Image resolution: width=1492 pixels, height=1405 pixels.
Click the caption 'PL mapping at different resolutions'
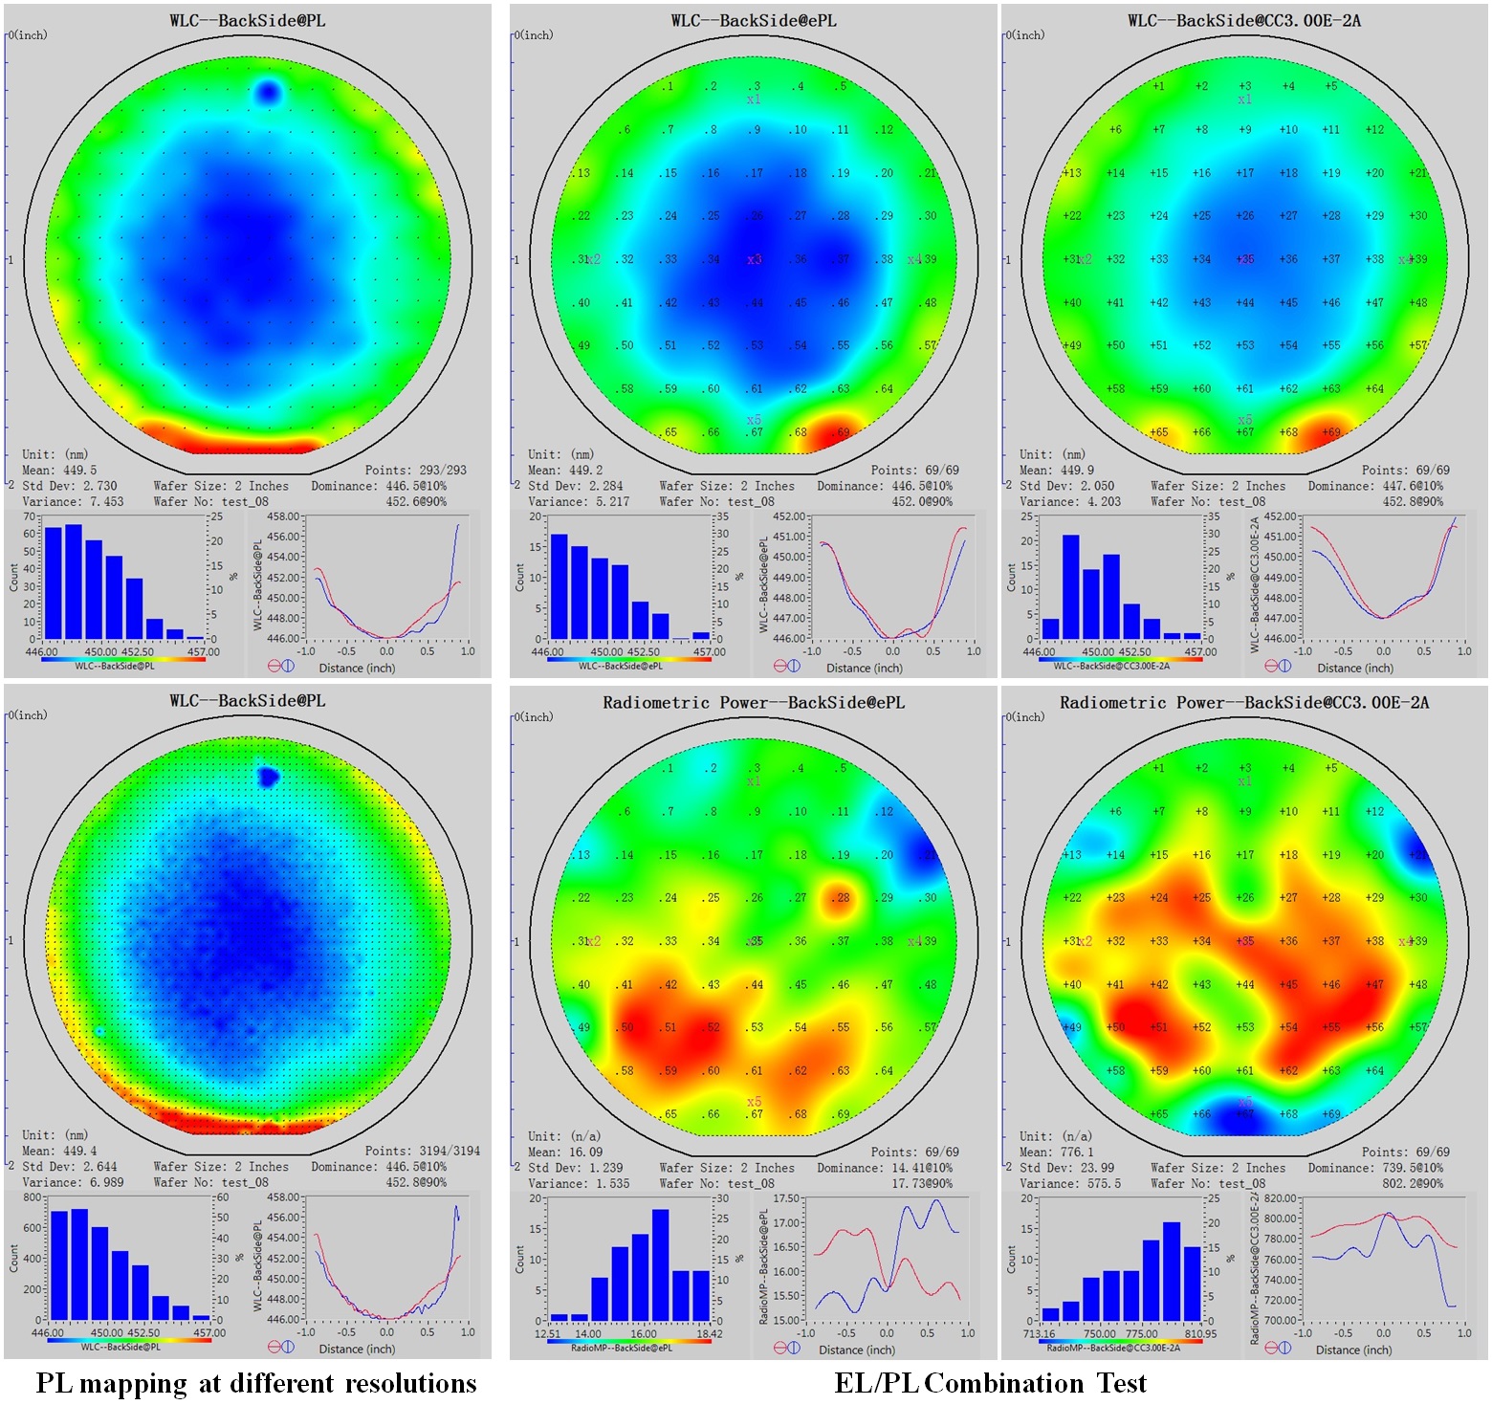click(x=256, y=1383)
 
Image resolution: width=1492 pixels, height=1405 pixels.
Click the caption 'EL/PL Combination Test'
click(x=990, y=1383)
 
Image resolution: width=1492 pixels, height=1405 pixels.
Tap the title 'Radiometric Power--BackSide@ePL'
click(x=753, y=702)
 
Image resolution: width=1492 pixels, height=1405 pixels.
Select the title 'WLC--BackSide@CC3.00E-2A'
click(x=1243, y=20)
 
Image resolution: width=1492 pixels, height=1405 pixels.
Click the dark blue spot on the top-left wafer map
click(x=268, y=93)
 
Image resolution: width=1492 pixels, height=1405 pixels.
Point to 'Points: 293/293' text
click(x=415, y=470)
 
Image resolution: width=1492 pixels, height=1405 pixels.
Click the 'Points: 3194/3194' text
click(x=422, y=1151)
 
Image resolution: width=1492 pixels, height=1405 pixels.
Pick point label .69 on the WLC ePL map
click(x=841, y=432)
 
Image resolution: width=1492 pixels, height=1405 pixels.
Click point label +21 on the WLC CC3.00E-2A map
click(x=1417, y=173)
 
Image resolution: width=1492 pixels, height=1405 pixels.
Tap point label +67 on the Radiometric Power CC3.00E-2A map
click(x=1244, y=1114)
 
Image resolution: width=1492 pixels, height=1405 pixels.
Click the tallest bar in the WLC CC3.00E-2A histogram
click(x=1070, y=585)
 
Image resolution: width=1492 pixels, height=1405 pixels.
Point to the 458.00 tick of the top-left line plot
click(x=283, y=516)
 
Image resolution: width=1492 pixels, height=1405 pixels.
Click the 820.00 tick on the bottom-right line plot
click(x=1281, y=1198)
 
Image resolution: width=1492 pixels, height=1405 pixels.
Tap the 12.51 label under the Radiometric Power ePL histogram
click(x=547, y=1333)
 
